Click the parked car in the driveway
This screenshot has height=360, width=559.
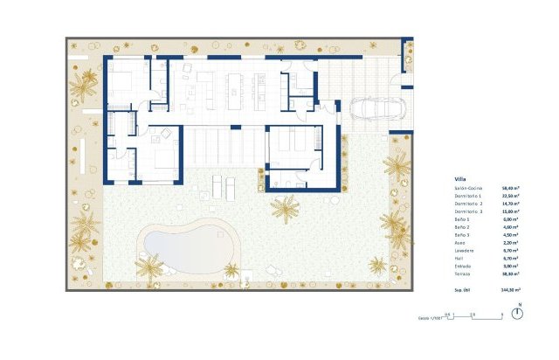click(x=375, y=108)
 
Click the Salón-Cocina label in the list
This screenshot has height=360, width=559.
click(x=469, y=188)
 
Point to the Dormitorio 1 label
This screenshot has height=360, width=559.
click(x=469, y=196)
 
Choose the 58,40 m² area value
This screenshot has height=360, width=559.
click(x=510, y=188)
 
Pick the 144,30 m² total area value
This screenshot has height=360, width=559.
click(x=510, y=288)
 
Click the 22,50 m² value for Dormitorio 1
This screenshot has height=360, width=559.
click(x=510, y=196)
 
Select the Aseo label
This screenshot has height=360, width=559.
click(x=460, y=242)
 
